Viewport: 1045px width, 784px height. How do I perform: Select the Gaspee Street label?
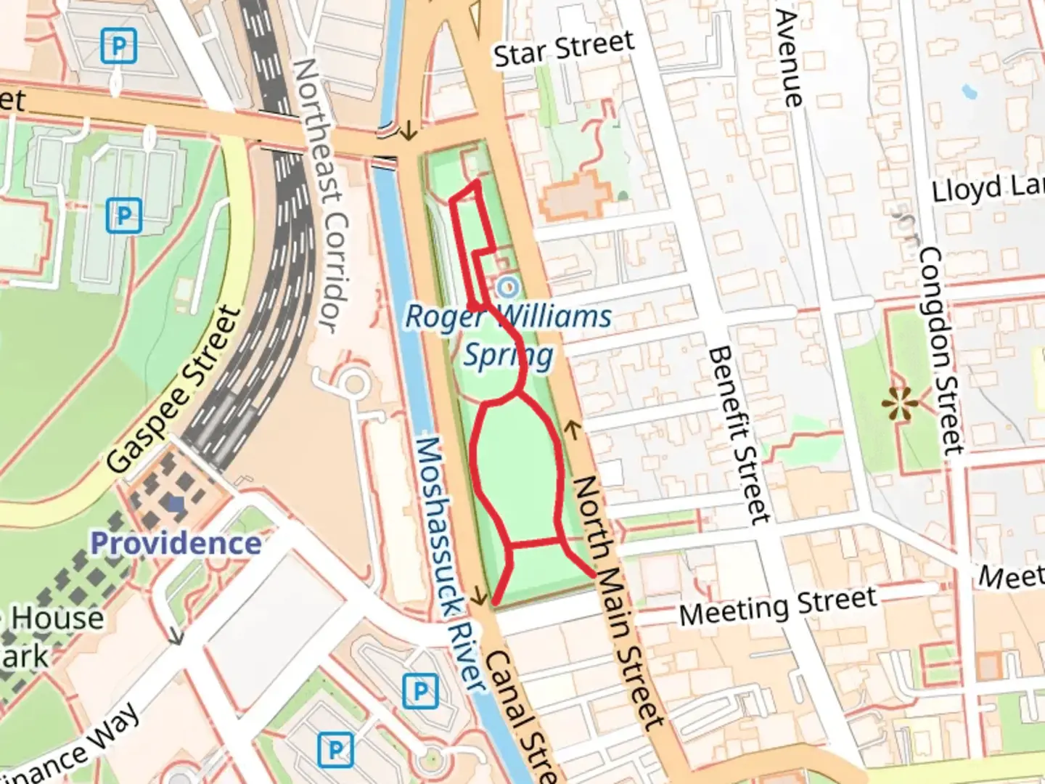(173, 390)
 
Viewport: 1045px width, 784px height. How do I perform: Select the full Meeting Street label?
(778, 606)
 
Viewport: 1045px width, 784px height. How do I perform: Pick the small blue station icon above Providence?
(175, 502)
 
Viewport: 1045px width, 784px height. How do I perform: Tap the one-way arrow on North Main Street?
(573, 430)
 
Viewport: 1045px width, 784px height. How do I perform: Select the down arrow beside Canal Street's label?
(478, 597)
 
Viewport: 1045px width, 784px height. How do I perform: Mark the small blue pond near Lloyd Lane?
(969, 92)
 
